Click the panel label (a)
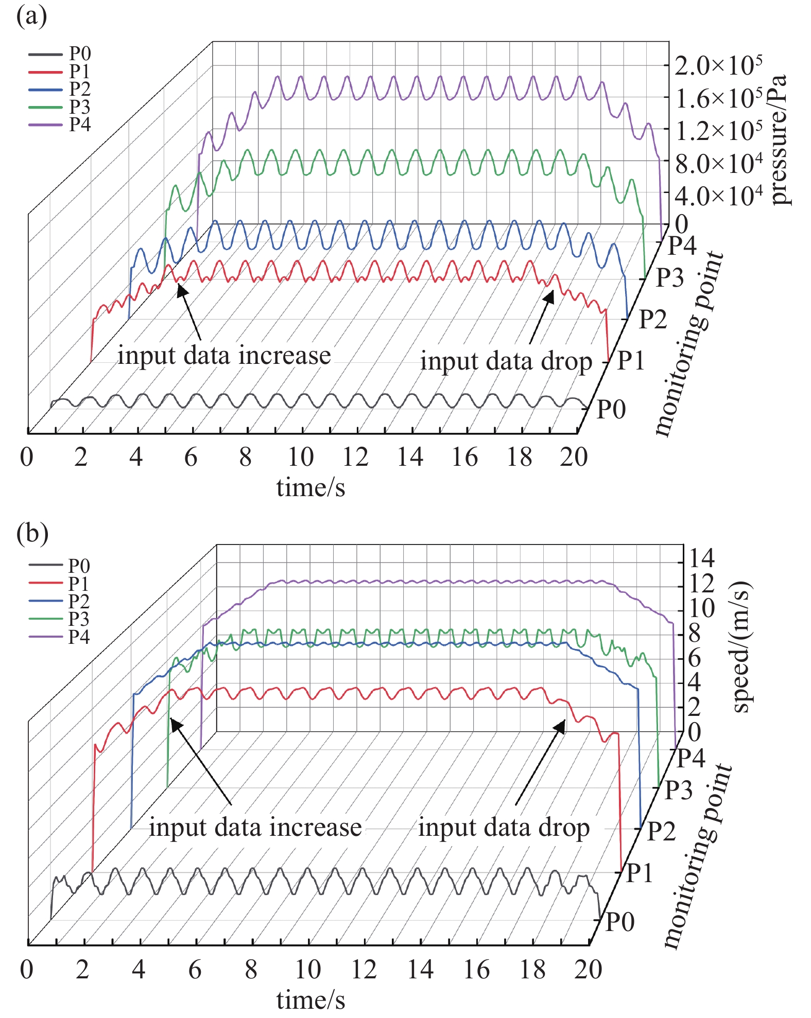click(31, 16)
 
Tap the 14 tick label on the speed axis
click(702, 558)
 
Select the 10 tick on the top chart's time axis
click(300, 457)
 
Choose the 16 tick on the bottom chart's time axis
click(476, 970)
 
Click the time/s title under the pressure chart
click(310, 487)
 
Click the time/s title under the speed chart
click(310, 999)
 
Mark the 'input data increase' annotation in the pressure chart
click(224, 356)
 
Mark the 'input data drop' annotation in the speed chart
click(504, 828)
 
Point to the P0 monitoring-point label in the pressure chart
click(611, 409)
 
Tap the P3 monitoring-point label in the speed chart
click(678, 790)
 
